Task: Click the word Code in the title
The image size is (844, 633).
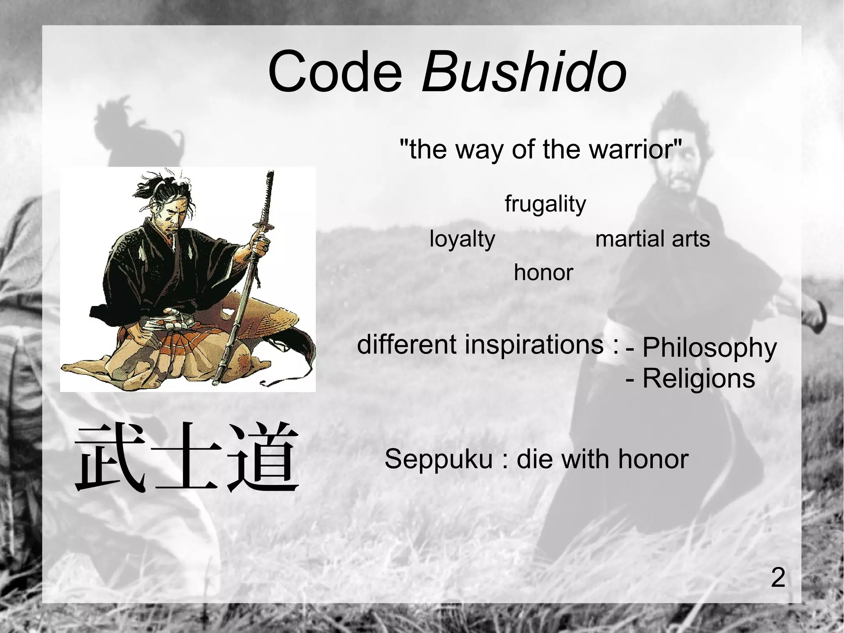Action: coord(335,72)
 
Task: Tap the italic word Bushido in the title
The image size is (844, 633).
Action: coord(523,72)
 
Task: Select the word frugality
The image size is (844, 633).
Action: coord(545,204)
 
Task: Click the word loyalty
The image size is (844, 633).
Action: coord(462,239)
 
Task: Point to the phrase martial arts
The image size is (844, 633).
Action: coord(652,239)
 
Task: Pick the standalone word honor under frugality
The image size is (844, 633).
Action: coord(543,273)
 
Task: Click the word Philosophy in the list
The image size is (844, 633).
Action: coord(709,348)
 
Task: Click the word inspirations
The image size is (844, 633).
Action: coord(534,345)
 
